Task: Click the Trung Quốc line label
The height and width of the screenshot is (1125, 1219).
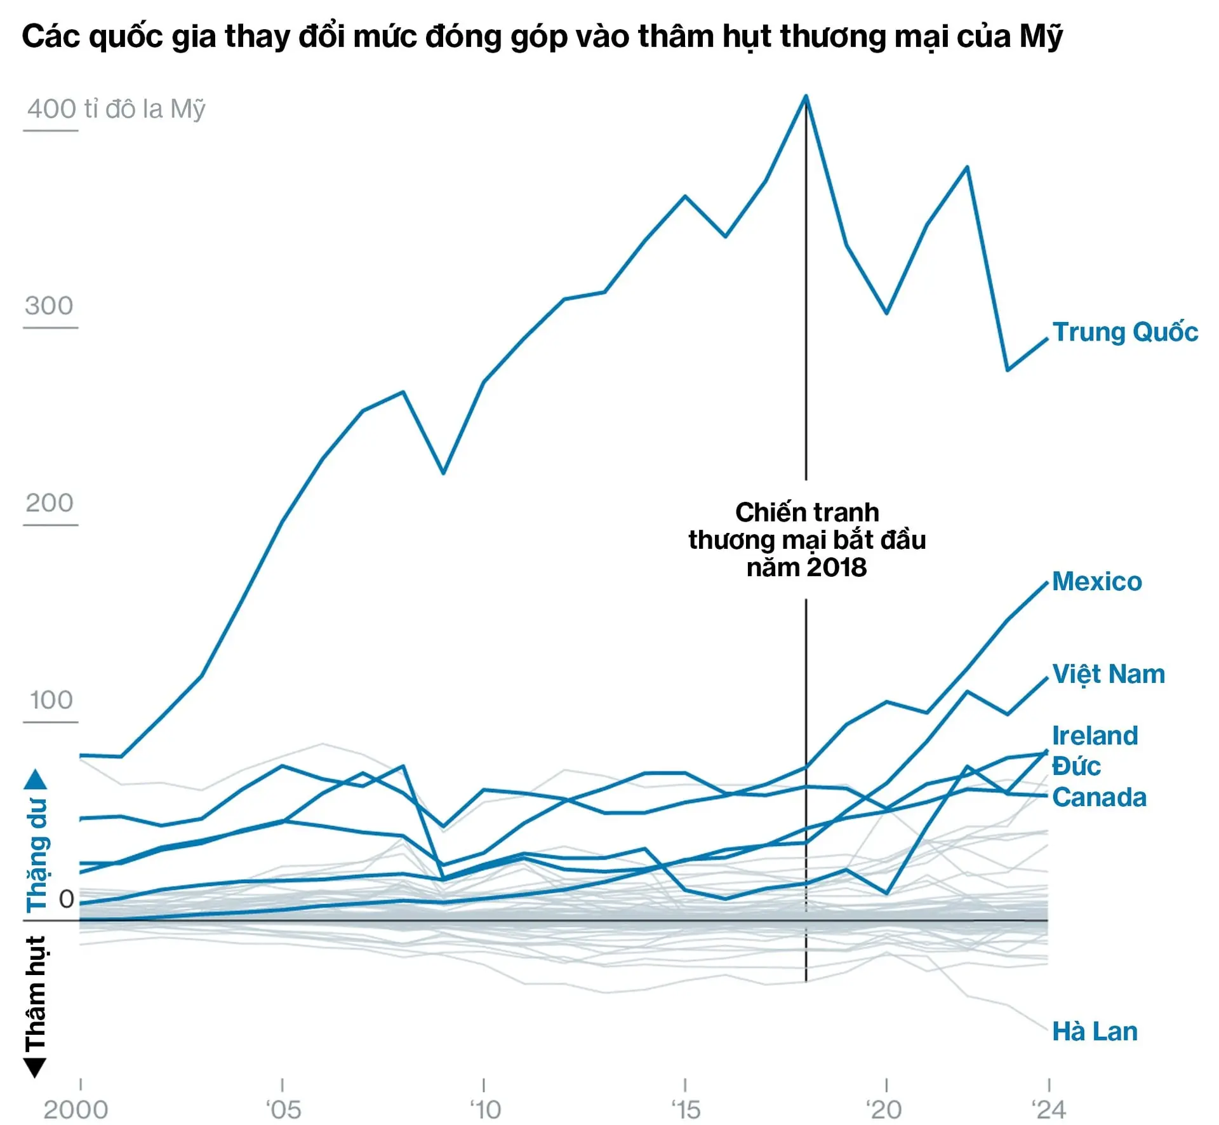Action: [x=1125, y=332]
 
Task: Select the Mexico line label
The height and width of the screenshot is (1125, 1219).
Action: [x=1096, y=582]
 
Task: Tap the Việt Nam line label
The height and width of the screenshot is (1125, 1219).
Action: [x=1109, y=675]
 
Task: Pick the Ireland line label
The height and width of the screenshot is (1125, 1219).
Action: [x=1095, y=736]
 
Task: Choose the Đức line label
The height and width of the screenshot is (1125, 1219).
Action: [x=1076, y=766]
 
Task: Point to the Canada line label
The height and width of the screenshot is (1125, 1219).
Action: [x=1099, y=797]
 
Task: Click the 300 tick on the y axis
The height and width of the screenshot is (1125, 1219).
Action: [x=50, y=306]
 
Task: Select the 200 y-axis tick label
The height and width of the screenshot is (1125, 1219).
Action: [x=50, y=503]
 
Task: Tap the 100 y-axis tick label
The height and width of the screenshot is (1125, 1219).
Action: [x=51, y=700]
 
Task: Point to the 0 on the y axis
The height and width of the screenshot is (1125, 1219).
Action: [x=66, y=899]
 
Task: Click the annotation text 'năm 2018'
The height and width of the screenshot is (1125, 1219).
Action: [x=806, y=567]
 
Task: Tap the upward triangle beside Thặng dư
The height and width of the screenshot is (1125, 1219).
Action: [x=36, y=779]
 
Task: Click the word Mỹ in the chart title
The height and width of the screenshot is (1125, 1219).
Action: [x=1041, y=37]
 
